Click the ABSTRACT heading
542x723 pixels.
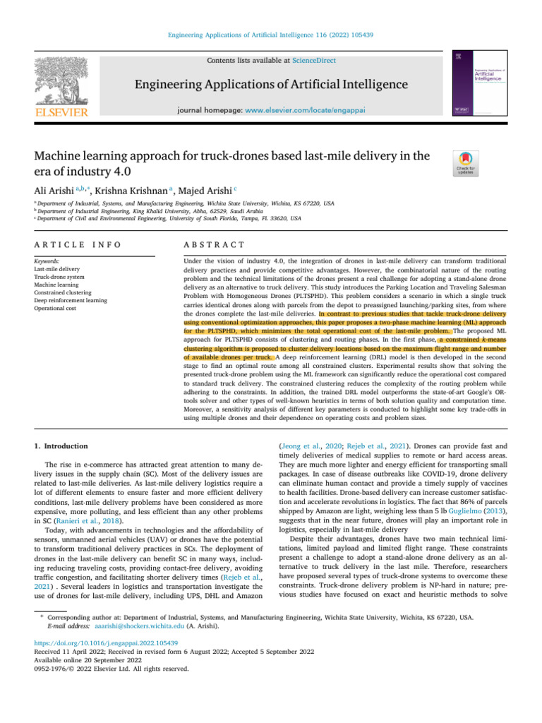(214, 244)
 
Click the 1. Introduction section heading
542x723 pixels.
(61, 446)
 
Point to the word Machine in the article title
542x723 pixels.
(65, 156)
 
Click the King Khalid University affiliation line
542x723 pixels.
(148, 210)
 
